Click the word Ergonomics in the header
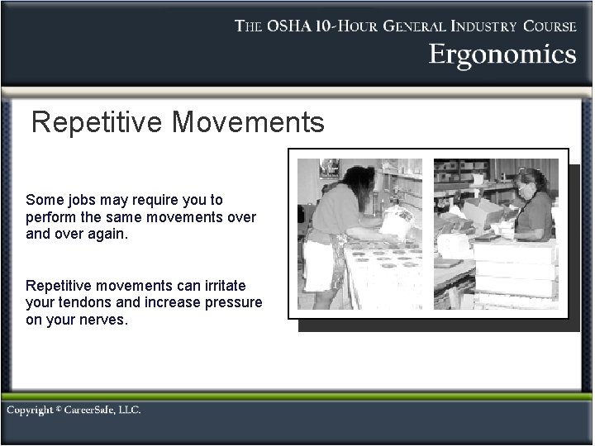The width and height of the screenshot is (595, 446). (x=502, y=55)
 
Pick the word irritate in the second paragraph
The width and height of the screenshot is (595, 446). (x=232, y=286)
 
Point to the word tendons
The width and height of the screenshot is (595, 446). (x=83, y=302)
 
